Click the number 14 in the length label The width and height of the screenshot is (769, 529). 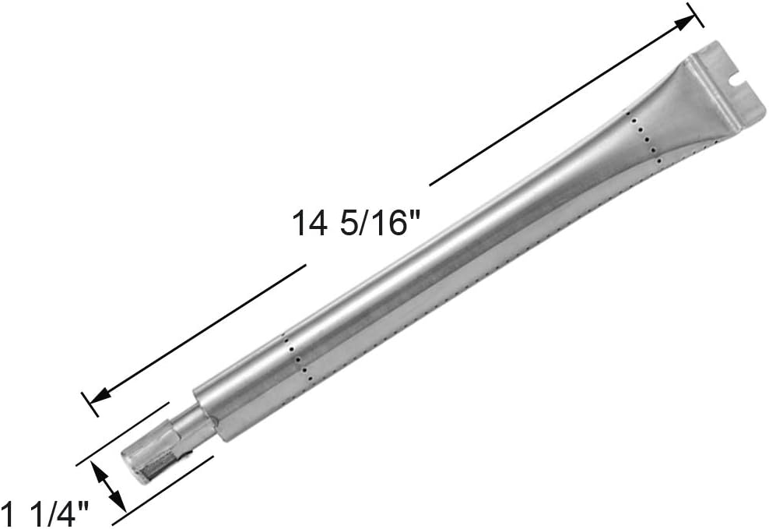309,224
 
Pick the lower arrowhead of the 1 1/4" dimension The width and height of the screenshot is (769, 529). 118,502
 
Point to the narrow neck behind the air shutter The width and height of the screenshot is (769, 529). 190,428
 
